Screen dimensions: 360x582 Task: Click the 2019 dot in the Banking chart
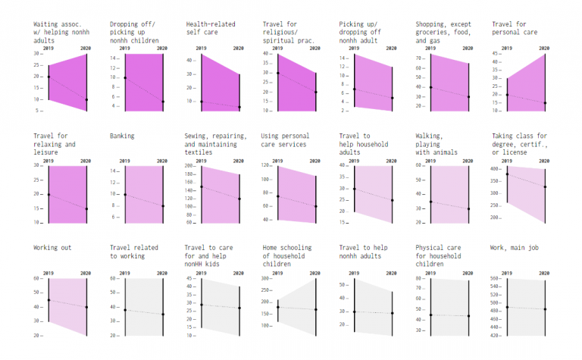coord(125,195)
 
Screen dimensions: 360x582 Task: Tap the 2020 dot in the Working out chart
coord(86,307)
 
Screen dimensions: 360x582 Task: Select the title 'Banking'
coord(122,136)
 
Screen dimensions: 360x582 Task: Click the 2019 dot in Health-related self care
coord(202,102)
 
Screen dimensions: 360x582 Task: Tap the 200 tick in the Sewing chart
coord(190,174)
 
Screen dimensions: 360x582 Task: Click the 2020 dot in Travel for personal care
coord(545,103)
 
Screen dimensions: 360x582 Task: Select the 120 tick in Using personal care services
coord(267,164)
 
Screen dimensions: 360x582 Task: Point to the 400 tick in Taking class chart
coord(497,169)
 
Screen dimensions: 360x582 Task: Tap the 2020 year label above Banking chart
coord(161,161)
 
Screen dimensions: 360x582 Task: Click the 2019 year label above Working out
coord(48,273)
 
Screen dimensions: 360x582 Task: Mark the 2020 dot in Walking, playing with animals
coord(468,208)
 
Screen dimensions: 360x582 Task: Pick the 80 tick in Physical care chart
coord(421,279)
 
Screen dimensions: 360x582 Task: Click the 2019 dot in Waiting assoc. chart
coord(48,77)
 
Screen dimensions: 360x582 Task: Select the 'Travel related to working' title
coord(134,252)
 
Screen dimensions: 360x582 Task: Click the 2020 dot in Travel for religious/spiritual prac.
coord(316,92)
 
